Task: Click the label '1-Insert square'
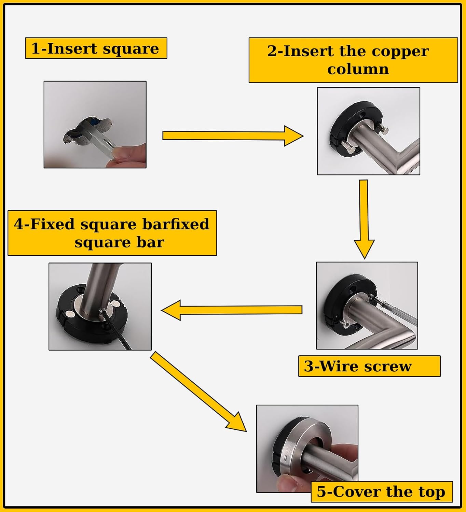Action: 96,48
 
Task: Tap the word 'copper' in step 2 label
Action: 400,51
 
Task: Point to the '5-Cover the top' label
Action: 381,492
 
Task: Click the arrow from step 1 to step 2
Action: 232,136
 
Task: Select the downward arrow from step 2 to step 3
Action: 364,218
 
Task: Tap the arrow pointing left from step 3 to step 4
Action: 232,310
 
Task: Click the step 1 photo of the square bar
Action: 95,124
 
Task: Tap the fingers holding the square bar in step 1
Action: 130,156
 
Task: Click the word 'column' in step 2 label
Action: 358,69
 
